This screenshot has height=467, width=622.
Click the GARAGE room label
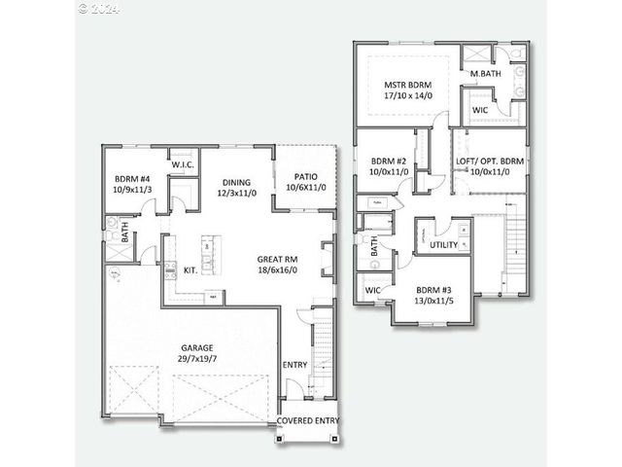[x=196, y=347]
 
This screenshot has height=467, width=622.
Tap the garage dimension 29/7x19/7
[x=196, y=359]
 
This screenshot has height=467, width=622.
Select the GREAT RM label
[x=277, y=260]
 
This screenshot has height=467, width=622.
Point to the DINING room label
[x=236, y=182]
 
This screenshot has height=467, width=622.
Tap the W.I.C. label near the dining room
[x=185, y=165]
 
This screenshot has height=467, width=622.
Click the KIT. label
[x=191, y=270]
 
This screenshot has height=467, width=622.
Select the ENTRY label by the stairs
[x=294, y=365]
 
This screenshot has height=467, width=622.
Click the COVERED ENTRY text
[x=309, y=420]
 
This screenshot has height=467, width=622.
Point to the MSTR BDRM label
[x=407, y=85]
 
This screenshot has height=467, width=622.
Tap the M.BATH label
[x=486, y=74]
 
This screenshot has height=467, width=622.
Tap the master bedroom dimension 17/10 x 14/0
[x=407, y=96]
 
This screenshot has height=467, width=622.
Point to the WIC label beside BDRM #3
[x=372, y=291]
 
